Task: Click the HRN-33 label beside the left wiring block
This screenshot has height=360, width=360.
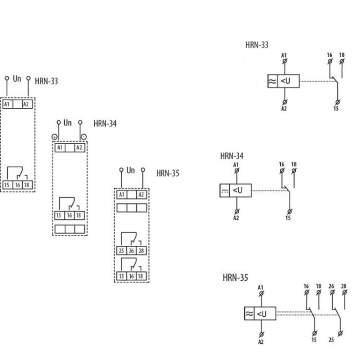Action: pyautogui.click(x=47, y=81)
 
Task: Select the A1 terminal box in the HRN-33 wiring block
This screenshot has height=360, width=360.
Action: pyautogui.click(x=7, y=104)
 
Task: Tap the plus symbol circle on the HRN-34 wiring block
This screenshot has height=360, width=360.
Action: pyautogui.click(x=54, y=136)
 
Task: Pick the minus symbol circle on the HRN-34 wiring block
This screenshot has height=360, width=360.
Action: pyautogui.click(x=83, y=136)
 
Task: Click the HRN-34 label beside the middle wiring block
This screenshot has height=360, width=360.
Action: pyautogui.click(x=105, y=123)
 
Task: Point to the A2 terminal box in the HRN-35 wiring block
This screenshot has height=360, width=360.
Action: pyautogui.click(x=141, y=194)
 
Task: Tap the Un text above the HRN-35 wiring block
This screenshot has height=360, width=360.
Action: pyautogui.click(x=131, y=170)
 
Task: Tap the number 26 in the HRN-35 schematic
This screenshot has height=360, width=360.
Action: pyautogui.click(x=331, y=286)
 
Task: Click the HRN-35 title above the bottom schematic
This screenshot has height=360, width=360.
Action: pyautogui.click(x=235, y=277)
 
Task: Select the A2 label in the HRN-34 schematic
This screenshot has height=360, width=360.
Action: pyautogui.click(x=236, y=218)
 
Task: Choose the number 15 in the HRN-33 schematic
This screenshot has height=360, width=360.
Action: pyautogui.click(x=336, y=109)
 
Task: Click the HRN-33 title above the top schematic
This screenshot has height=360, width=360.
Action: pyautogui.click(x=257, y=45)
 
